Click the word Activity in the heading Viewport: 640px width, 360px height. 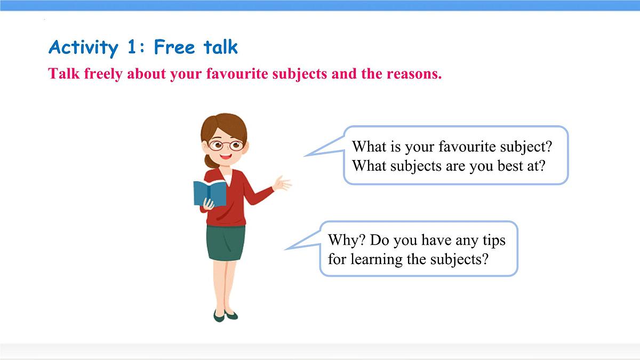83,47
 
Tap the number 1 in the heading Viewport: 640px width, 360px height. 132,47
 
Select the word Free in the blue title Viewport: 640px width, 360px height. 174,47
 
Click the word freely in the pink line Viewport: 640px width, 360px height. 103,74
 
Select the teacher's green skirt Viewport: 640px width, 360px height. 226,243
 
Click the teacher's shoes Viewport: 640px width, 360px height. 225,315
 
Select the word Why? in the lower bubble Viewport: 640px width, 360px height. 347,241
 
